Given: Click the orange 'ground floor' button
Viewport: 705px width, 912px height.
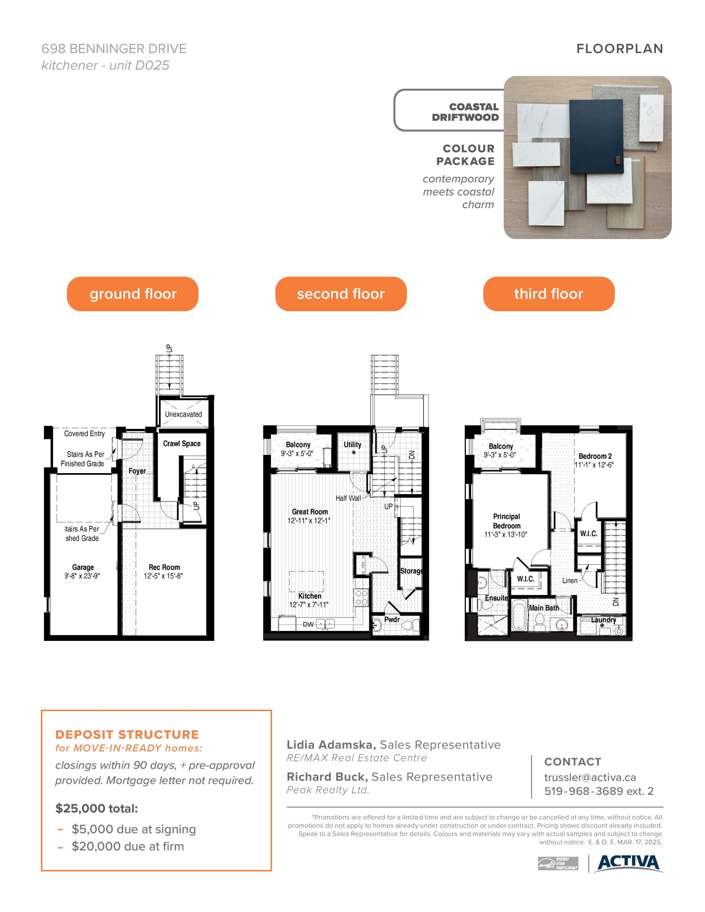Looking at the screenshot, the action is (133, 294).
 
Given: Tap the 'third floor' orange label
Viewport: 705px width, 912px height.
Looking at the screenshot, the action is (549, 294).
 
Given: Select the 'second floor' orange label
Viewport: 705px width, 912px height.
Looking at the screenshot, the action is (341, 294).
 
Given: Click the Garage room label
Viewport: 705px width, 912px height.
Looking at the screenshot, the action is (83, 567).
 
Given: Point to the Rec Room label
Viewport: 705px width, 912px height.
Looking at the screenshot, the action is (164, 567).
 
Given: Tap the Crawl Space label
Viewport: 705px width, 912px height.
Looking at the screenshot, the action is (182, 444).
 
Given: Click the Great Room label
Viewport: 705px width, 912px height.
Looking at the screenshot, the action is (310, 512).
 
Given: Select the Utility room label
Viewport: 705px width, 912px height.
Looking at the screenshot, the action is (352, 445).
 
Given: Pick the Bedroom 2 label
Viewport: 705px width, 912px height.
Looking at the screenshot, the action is (595, 456).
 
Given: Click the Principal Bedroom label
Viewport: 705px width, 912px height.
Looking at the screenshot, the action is (506, 521).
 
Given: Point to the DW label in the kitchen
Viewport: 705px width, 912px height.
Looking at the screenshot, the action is (308, 624).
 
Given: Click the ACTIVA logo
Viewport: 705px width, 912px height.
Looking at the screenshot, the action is (630, 863).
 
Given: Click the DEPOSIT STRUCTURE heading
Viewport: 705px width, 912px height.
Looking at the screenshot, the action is (127, 735).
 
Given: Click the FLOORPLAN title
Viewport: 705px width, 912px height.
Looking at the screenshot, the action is (620, 49).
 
